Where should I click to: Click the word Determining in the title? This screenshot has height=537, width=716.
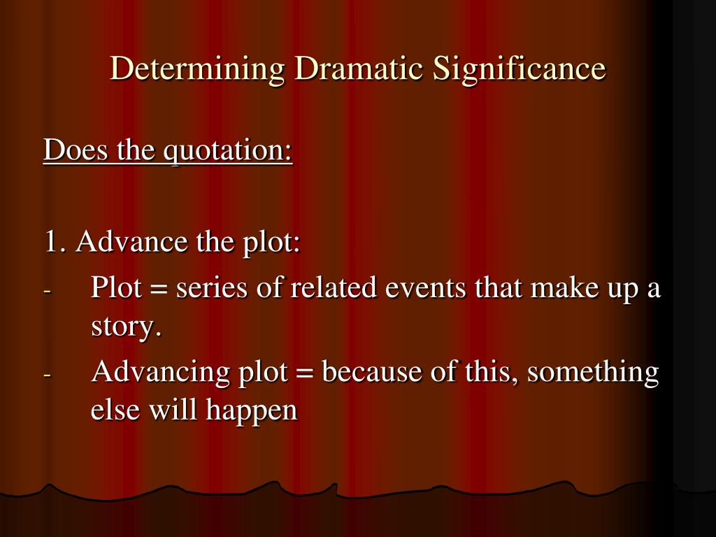(x=197, y=69)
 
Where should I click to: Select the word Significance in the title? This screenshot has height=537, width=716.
(x=520, y=69)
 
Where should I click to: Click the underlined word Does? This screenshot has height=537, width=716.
(x=76, y=149)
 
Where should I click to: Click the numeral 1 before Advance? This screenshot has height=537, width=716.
(x=51, y=241)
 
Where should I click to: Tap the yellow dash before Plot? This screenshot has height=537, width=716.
(x=48, y=290)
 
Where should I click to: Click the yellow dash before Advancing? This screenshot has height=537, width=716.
(x=48, y=375)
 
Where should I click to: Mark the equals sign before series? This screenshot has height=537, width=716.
(x=159, y=289)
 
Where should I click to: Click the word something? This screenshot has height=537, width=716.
(x=593, y=372)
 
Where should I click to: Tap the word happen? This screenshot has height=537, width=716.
(x=252, y=410)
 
